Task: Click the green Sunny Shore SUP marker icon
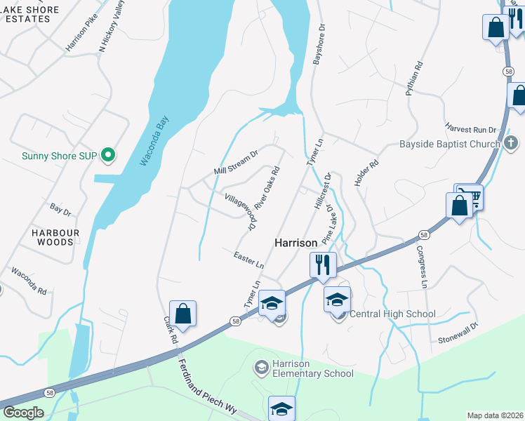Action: (108, 154)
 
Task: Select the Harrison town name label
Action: (295, 242)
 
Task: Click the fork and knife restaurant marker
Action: (323, 265)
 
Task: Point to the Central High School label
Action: (392, 314)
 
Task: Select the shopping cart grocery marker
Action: (470, 196)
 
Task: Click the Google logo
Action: (23, 412)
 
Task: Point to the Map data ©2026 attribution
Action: (495, 415)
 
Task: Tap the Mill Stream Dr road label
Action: (237, 161)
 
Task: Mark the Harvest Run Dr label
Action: (470, 128)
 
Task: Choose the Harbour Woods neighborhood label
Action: (55, 237)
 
